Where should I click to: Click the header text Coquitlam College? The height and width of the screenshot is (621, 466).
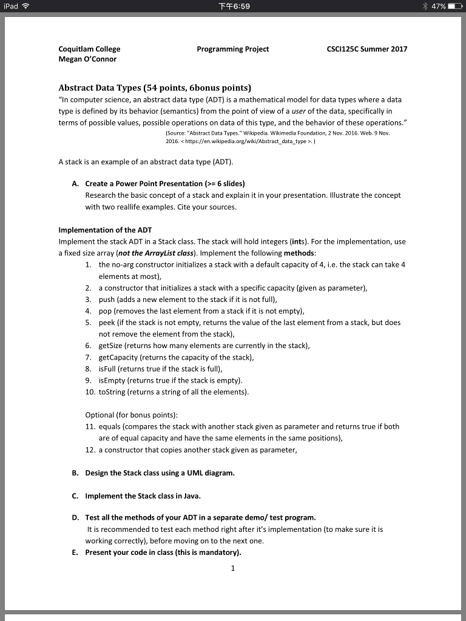(89, 49)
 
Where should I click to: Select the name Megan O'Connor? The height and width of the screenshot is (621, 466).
(87, 59)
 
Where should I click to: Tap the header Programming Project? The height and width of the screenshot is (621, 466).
(233, 49)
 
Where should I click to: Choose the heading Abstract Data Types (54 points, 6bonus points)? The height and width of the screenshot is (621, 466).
(155, 87)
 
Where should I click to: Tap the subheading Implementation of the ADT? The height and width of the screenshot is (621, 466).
(105, 230)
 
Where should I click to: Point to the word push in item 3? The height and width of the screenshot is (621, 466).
(107, 300)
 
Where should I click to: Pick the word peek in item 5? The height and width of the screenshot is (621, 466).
(107, 323)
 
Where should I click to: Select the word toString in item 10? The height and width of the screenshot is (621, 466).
(112, 392)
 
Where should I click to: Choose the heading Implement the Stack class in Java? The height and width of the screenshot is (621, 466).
(143, 495)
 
